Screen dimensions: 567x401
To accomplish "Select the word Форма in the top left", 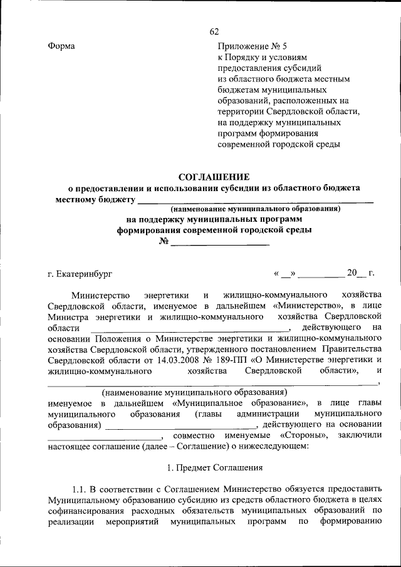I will coord(61,46).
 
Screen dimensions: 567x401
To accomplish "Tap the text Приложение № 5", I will coord(252,46).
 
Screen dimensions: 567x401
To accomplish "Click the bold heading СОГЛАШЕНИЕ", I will coord(214,177).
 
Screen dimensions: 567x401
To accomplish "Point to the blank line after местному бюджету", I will coord(255,200).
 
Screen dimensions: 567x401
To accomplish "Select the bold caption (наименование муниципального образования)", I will coord(256,209).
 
